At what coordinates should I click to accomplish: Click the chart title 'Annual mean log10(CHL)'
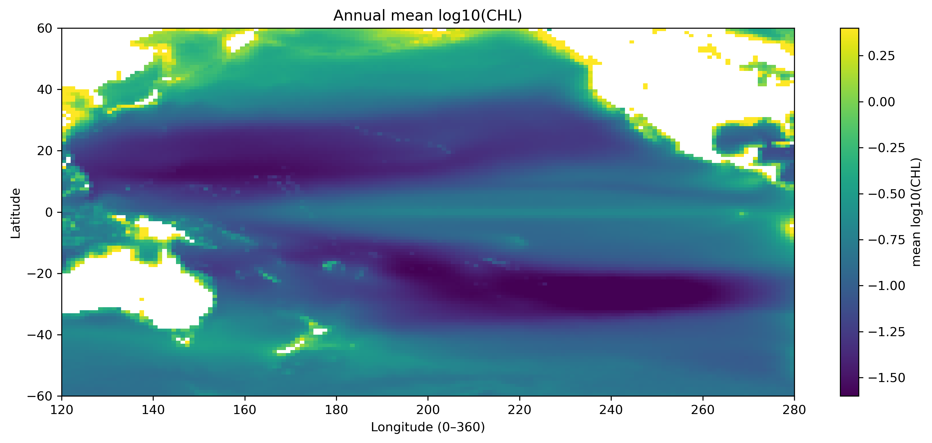click(428, 16)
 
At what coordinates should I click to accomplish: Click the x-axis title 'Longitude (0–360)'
click(428, 427)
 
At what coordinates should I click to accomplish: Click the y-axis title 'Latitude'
click(16, 213)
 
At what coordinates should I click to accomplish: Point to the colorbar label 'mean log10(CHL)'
click(916, 212)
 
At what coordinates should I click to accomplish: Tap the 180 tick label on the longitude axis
click(336, 410)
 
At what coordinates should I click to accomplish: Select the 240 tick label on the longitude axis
click(611, 410)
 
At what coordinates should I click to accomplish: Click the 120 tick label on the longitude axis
click(62, 410)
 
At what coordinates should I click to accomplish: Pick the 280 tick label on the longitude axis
click(794, 410)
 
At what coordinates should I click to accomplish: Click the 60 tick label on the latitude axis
click(45, 28)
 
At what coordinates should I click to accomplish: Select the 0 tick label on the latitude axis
click(49, 212)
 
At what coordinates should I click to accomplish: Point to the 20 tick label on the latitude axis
click(45, 151)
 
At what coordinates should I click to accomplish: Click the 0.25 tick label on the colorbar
click(881, 56)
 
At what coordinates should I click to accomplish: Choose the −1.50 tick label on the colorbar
click(886, 378)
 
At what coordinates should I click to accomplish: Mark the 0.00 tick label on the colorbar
click(881, 102)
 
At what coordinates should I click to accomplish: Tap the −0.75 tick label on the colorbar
click(886, 240)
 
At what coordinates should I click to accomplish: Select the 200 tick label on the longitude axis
click(428, 410)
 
